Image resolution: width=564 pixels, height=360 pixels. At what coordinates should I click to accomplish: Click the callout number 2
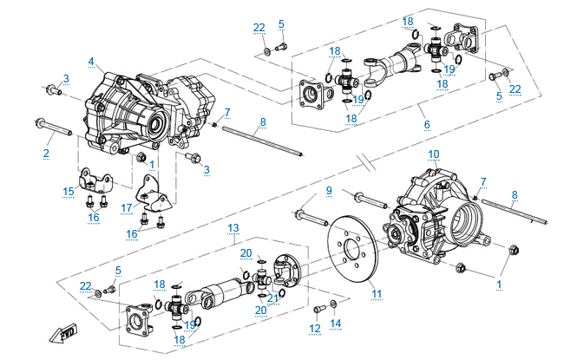(x=45, y=154)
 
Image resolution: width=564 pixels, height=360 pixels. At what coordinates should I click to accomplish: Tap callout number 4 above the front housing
(x=90, y=62)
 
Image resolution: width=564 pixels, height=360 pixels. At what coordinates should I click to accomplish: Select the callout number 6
(x=427, y=124)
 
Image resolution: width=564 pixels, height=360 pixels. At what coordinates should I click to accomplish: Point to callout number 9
(x=329, y=190)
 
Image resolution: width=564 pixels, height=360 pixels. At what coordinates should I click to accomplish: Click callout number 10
(x=434, y=154)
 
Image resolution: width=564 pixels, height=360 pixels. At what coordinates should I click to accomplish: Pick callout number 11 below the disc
(x=377, y=293)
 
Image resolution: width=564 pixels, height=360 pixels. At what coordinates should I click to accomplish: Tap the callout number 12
(x=314, y=329)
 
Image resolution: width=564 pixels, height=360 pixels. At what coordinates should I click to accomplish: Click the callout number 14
(x=336, y=323)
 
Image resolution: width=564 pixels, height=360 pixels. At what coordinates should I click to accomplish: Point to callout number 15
(x=69, y=191)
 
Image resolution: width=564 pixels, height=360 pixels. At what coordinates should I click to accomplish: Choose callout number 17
(x=127, y=207)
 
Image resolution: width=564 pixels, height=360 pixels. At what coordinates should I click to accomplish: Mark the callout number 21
(x=273, y=298)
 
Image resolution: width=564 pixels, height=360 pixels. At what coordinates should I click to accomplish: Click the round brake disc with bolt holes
(x=353, y=248)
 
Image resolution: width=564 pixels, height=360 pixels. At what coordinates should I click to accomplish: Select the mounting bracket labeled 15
(x=92, y=181)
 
